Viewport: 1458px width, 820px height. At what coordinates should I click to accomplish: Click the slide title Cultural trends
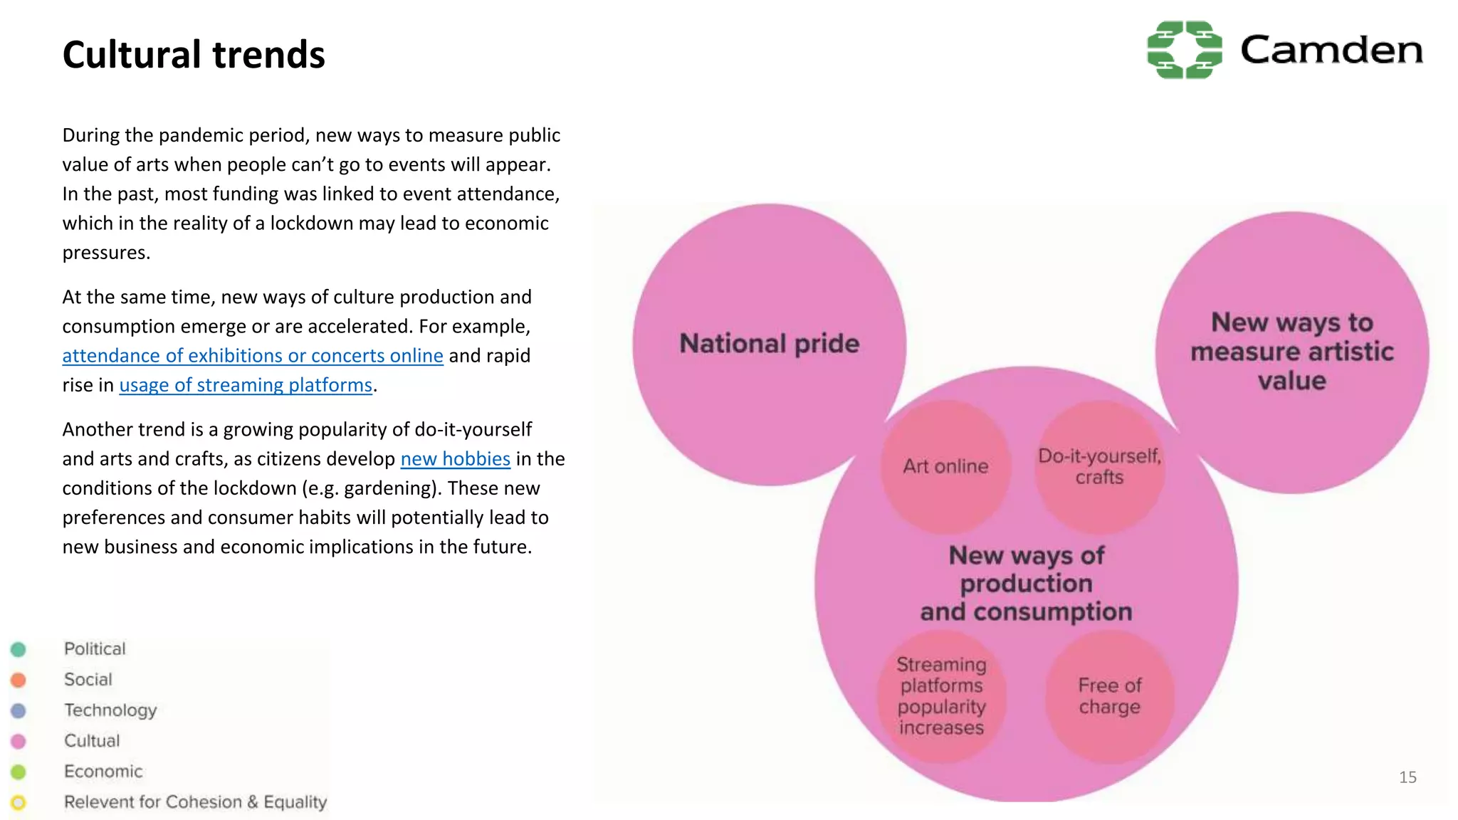194,55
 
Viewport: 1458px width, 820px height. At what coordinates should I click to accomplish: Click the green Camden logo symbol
1184,50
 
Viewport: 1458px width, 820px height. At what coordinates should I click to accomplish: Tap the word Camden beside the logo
1331,51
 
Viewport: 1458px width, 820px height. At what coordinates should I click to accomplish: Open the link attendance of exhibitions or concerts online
253,355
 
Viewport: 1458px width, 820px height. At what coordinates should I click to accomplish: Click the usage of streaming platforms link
246,385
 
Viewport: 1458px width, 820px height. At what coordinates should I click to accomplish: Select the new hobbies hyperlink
455,459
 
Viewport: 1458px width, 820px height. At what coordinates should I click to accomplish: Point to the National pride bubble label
769,344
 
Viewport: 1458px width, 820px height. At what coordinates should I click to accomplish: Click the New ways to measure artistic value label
1291,352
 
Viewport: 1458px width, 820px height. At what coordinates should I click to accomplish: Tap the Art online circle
945,466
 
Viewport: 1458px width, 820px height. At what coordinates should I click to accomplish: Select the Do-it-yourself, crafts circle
1099,466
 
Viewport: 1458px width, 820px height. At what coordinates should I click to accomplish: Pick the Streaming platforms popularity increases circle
941,696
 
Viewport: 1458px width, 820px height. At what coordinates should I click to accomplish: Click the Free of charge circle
1109,696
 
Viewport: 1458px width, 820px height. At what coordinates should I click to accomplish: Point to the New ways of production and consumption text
1026,584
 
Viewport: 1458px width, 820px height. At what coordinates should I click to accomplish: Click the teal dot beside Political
19,649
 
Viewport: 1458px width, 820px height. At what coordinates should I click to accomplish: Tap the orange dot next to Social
19,680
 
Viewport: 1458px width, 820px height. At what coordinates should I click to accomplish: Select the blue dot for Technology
19,710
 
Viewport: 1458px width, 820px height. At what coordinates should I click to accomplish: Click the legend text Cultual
92,741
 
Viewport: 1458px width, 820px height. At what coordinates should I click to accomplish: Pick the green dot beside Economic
19,772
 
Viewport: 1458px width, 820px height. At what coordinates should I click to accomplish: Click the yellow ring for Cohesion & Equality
19,802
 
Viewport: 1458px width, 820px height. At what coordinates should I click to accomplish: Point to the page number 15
1407,777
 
